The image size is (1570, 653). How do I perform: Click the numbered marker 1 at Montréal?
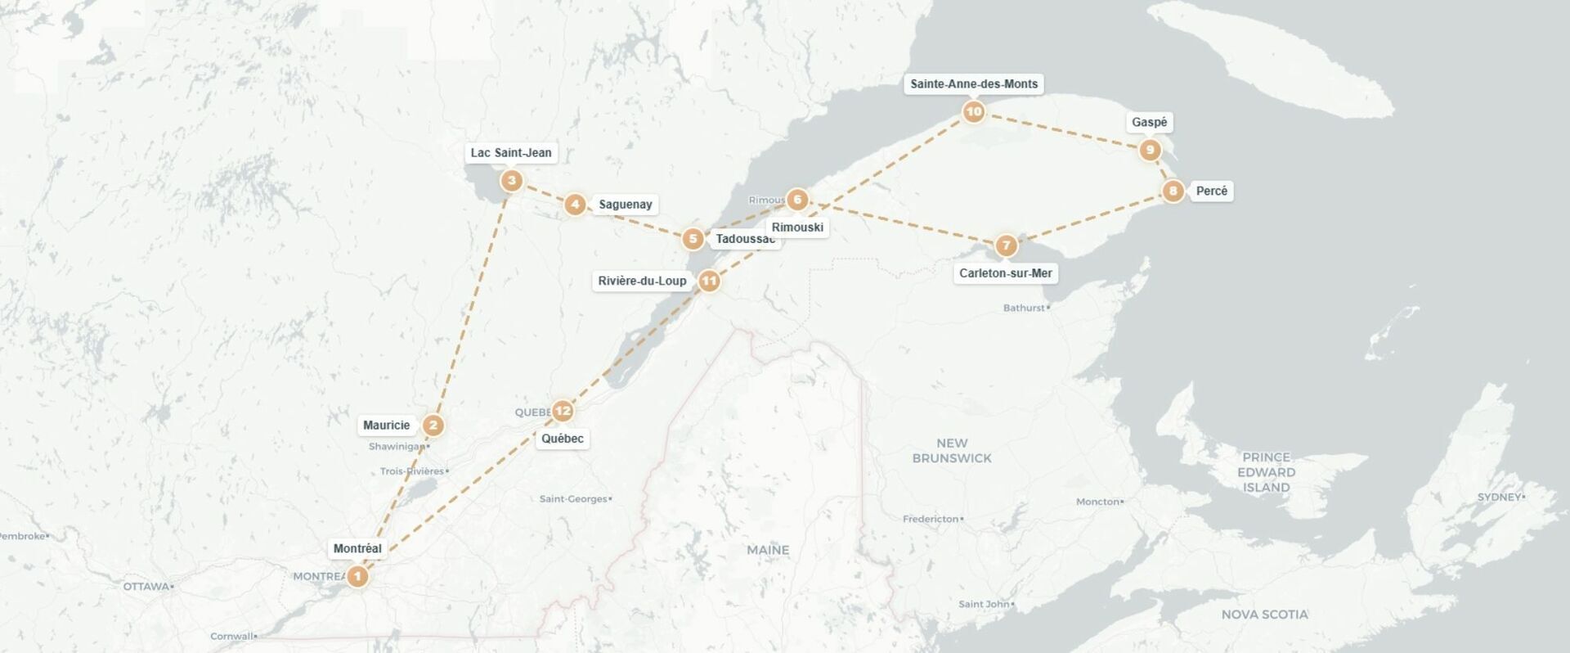(x=357, y=577)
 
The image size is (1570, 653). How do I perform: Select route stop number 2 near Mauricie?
(x=433, y=426)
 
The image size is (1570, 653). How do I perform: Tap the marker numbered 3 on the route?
(x=512, y=181)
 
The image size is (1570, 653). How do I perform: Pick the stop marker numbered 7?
(x=1006, y=245)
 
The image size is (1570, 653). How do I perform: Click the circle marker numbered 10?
(x=973, y=112)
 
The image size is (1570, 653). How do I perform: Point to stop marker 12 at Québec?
(x=563, y=411)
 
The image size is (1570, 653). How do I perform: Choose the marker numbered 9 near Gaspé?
(x=1150, y=150)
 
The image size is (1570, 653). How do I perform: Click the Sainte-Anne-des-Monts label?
(x=974, y=83)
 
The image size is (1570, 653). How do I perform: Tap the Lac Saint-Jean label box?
(x=511, y=152)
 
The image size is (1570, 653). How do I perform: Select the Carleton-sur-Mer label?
(x=1005, y=273)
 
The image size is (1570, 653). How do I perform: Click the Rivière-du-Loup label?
(x=642, y=281)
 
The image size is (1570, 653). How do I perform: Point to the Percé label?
(x=1211, y=191)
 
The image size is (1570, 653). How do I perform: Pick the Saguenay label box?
(x=625, y=205)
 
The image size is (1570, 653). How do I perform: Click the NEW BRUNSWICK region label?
(x=952, y=451)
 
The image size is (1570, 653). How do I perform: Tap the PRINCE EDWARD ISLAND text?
(x=1266, y=472)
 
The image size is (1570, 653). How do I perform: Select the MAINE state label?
(x=768, y=550)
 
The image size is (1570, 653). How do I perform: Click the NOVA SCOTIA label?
(x=1264, y=614)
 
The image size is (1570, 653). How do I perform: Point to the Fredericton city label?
(x=931, y=519)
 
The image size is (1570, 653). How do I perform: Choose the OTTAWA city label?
(x=146, y=587)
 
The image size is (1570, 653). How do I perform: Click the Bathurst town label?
(x=1025, y=308)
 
